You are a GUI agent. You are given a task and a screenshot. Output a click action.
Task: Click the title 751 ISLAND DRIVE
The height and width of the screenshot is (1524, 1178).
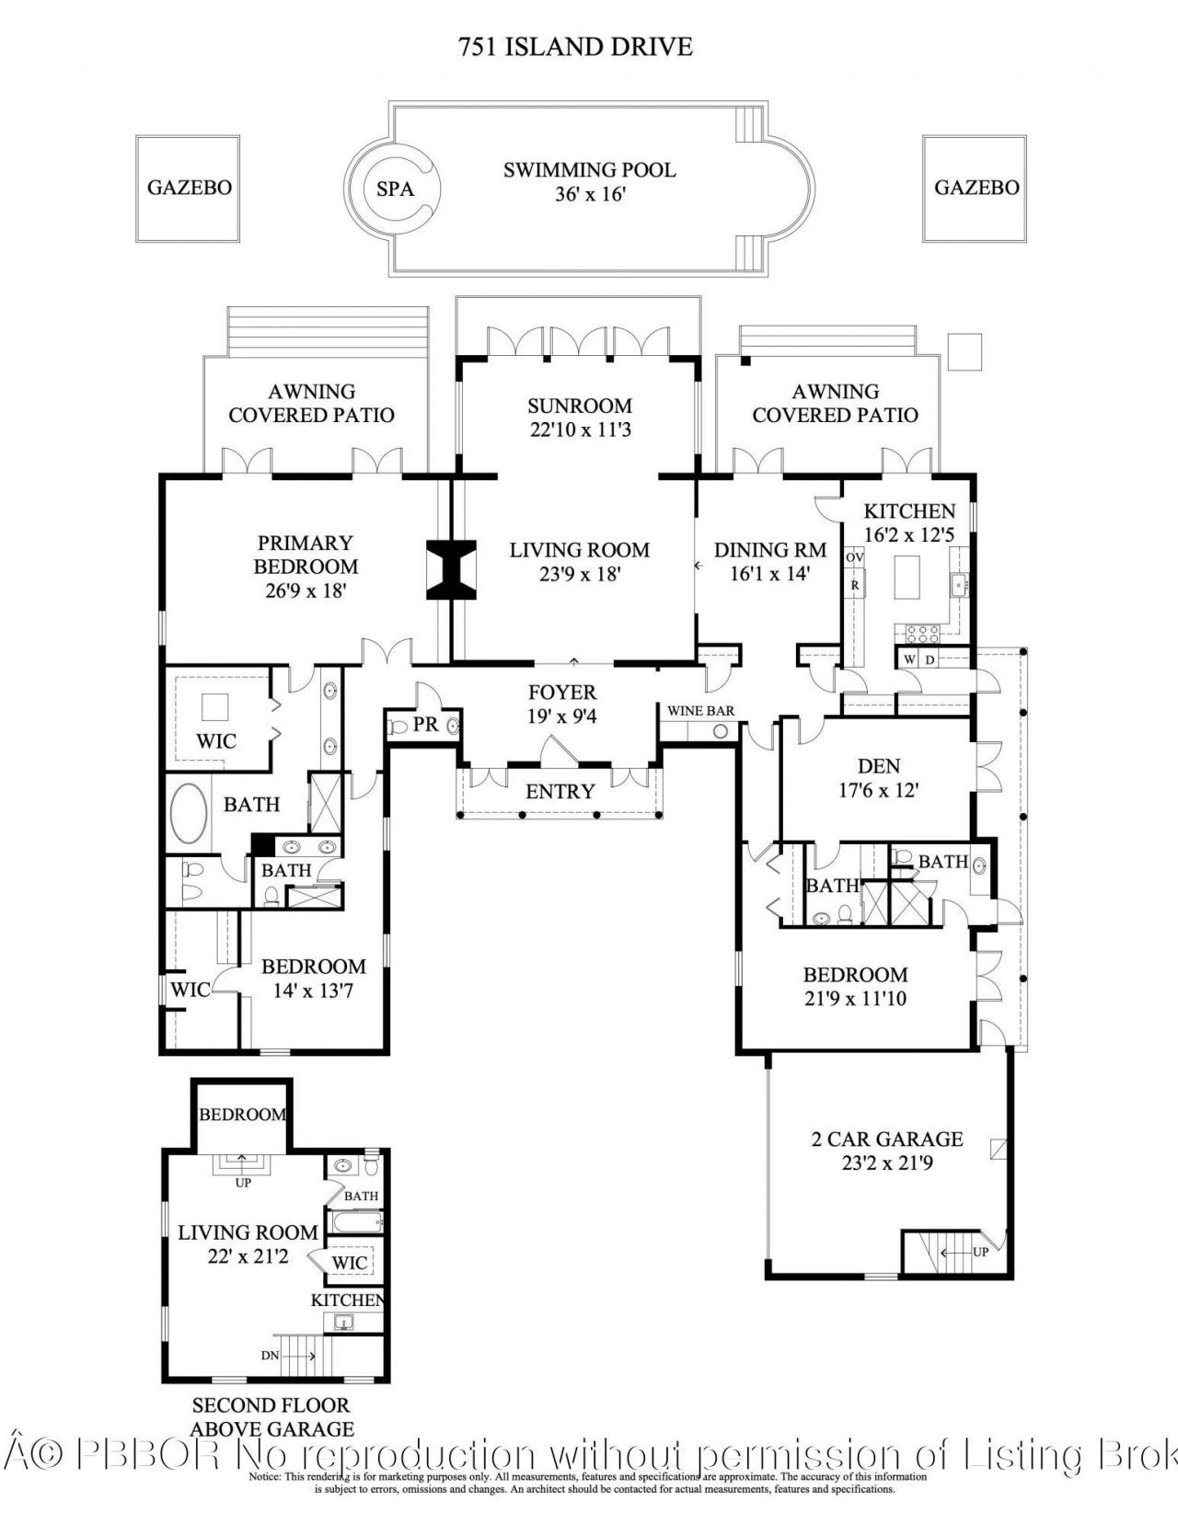[575, 46]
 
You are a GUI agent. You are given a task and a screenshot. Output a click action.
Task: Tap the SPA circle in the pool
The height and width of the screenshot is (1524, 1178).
[395, 189]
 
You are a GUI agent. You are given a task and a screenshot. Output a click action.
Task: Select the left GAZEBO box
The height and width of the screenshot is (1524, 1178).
[190, 188]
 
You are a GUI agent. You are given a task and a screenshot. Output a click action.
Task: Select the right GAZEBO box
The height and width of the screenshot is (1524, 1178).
[976, 188]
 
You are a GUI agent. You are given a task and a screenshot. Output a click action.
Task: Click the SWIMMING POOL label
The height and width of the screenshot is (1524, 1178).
[589, 170]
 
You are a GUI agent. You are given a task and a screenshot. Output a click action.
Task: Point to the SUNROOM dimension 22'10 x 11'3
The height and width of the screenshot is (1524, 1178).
[579, 430]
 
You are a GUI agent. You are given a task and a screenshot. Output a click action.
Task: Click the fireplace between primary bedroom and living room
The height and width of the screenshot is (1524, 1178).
[451, 570]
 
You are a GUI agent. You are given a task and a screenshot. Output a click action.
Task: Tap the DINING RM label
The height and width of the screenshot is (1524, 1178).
[769, 550]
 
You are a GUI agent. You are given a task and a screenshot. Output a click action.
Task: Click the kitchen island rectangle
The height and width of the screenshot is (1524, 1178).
[908, 579]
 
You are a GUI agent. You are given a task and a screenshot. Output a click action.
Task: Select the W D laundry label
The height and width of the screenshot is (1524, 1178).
[918, 659]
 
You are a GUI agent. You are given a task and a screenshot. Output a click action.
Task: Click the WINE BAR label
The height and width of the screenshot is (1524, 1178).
[700, 711]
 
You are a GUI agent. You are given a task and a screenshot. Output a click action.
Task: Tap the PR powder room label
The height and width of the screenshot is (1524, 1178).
[425, 725]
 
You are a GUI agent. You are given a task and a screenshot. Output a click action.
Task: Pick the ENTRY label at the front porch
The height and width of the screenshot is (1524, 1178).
[560, 791]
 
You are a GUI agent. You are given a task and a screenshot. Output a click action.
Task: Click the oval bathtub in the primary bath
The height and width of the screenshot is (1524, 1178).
[191, 815]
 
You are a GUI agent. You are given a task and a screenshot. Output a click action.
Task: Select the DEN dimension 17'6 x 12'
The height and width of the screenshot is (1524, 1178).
[878, 789]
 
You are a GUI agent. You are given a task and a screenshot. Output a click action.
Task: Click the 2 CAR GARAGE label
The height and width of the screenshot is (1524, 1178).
[886, 1139]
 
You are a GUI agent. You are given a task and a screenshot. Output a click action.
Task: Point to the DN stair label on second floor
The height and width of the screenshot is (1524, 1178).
[270, 1356]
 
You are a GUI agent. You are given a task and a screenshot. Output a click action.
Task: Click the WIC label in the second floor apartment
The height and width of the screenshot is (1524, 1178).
[350, 1263]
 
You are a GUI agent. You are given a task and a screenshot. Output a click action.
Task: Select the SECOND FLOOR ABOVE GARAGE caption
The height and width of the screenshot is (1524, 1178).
[271, 1417]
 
